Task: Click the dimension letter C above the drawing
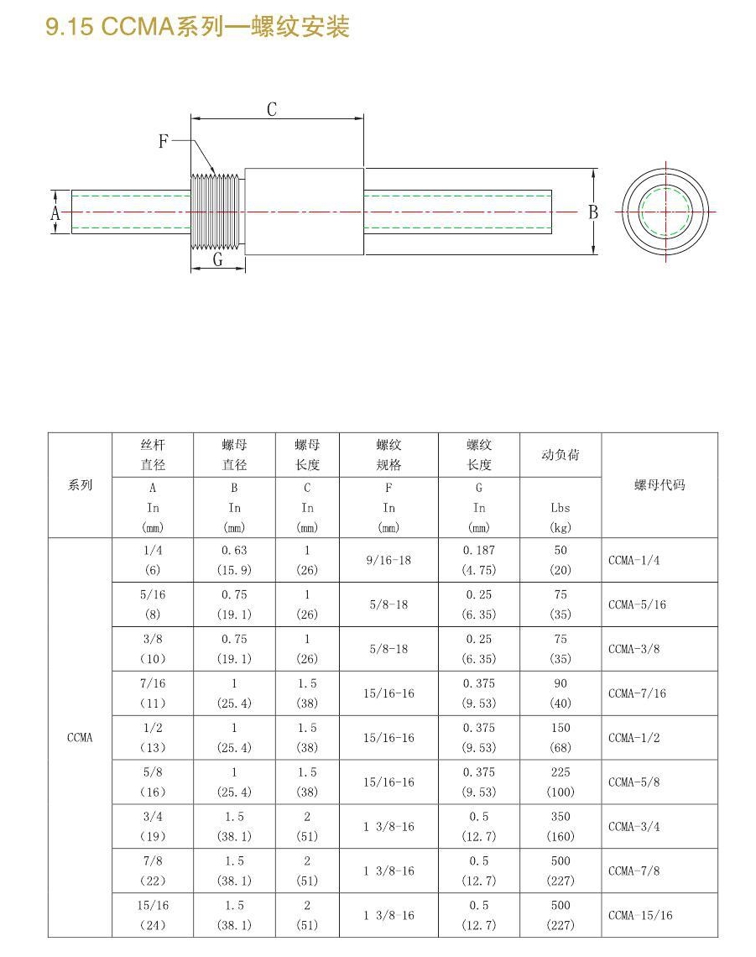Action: click(272, 109)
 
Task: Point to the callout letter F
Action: click(164, 142)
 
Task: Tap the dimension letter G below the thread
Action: click(217, 260)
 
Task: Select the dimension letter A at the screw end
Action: click(55, 213)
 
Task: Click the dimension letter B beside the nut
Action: click(593, 212)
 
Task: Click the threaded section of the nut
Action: click(216, 212)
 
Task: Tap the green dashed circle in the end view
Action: click(666, 212)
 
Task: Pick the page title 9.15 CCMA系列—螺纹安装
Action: click(197, 28)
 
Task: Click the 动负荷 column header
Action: click(560, 455)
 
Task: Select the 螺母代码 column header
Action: click(660, 484)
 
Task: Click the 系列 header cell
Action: click(80, 485)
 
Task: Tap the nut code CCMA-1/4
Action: click(633, 560)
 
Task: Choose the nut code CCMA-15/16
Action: click(640, 915)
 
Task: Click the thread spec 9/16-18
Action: click(388, 560)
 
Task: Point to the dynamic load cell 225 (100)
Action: click(560, 782)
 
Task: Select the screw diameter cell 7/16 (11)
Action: click(153, 693)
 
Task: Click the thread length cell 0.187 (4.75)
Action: click(478, 560)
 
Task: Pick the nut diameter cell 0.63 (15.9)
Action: click(234, 560)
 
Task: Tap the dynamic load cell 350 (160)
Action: click(560, 826)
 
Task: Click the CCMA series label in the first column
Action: click(80, 738)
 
